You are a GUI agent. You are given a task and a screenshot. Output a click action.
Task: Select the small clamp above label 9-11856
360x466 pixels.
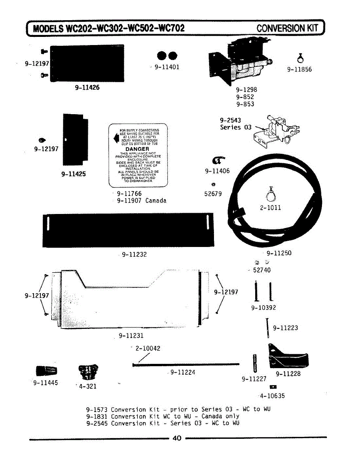(299, 58)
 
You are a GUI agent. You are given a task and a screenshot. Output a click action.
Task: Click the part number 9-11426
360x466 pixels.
(87, 87)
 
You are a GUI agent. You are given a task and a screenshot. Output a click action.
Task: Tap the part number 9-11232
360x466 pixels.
(134, 255)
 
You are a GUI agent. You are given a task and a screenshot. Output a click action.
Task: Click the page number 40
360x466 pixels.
(177, 438)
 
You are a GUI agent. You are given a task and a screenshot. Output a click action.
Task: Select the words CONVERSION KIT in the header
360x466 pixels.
(287, 28)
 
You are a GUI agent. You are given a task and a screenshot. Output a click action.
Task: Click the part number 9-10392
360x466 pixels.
(263, 308)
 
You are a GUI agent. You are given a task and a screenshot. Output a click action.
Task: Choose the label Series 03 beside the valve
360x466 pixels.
(236, 127)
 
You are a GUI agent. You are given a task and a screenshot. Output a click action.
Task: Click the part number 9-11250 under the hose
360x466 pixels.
(279, 253)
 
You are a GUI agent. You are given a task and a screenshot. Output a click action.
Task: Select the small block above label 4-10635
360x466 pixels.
(273, 387)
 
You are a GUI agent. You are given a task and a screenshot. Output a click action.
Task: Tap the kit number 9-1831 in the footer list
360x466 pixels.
(97, 416)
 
